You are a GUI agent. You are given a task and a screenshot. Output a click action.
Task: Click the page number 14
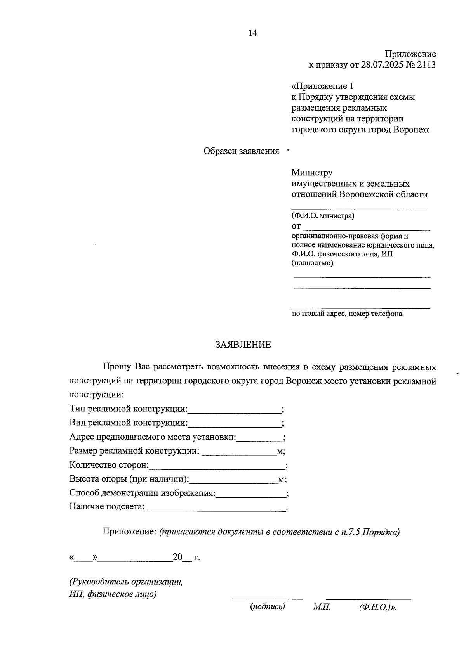click(x=252, y=33)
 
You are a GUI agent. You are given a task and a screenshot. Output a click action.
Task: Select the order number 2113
click(x=426, y=65)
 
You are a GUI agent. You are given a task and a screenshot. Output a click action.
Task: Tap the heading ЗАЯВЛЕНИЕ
click(x=243, y=345)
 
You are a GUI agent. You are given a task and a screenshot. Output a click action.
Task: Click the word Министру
click(x=312, y=172)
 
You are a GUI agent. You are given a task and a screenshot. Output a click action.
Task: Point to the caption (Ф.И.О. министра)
click(x=323, y=216)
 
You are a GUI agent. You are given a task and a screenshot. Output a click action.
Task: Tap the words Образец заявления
click(x=241, y=151)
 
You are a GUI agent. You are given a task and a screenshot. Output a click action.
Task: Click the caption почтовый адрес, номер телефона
click(x=347, y=314)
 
